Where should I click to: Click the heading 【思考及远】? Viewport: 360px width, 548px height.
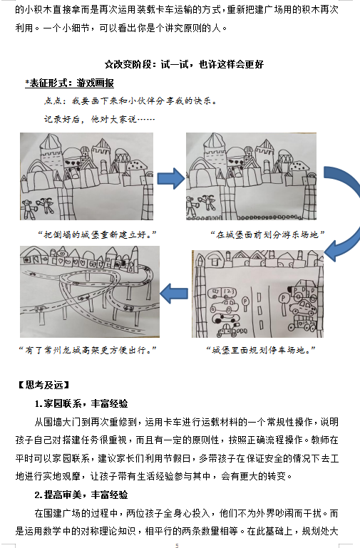tap(44, 385)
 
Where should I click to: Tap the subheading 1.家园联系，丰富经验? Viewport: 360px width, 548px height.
tap(81, 403)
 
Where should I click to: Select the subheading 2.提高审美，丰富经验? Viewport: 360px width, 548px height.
tap(81, 495)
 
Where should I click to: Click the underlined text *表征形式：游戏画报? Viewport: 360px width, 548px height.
tap(70, 83)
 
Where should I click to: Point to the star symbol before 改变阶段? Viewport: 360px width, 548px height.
tap(108, 65)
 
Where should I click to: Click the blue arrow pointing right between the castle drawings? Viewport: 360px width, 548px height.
tap(171, 179)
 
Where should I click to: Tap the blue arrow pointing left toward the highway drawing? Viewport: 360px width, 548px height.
tap(174, 294)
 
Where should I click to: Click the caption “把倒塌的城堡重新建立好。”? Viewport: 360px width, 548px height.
tap(97, 234)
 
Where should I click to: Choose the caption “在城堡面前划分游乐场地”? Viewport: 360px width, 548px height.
tap(267, 234)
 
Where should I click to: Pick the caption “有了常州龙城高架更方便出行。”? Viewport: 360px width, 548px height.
tap(88, 350)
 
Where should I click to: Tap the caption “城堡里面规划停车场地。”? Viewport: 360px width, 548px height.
tap(261, 350)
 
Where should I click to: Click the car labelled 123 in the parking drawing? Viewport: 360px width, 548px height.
tap(222, 293)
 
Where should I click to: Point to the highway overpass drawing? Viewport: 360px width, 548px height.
tap(90, 292)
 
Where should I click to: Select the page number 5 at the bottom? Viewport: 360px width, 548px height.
tap(178, 545)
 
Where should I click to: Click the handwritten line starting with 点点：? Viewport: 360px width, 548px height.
tap(130, 101)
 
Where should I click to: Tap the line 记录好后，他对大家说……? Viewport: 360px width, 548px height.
tap(99, 120)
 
